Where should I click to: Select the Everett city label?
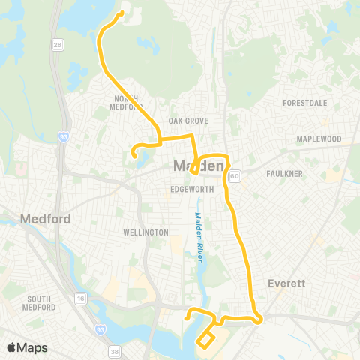[285, 283]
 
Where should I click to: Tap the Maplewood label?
[319, 139]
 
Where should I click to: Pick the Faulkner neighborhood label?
[284, 174]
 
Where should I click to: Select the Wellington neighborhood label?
[145, 232]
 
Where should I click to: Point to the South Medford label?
[37, 303]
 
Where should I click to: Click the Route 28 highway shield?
[58, 46]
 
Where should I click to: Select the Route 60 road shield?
[235, 176]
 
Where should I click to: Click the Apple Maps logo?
[26, 347]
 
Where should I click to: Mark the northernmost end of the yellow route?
[121, 13]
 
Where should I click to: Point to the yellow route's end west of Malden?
[134, 156]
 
